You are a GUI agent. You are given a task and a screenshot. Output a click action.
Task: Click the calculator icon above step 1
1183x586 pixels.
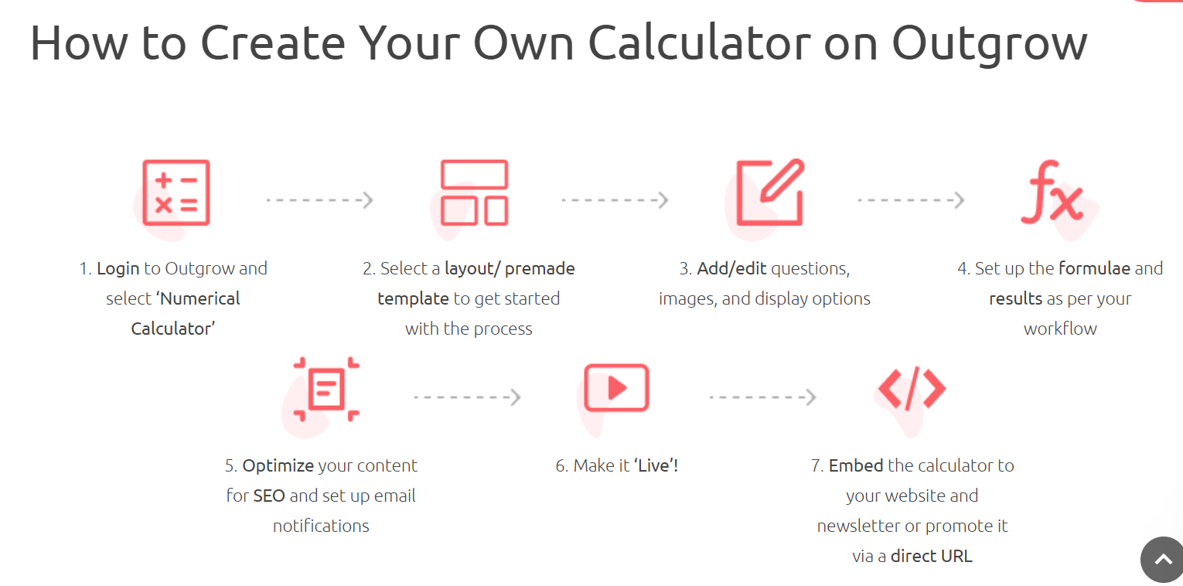point(176,193)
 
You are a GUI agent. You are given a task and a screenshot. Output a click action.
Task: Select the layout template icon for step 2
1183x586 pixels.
point(473,193)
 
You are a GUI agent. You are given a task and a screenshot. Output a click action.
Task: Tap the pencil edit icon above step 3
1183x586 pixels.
point(770,193)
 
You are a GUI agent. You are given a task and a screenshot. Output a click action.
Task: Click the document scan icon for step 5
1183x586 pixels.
point(326,389)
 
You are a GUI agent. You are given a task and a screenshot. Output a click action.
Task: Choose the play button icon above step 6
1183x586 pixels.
point(615,388)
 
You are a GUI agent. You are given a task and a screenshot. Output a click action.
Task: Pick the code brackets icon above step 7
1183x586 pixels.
point(912,388)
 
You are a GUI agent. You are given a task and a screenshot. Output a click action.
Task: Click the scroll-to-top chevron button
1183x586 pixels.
point(1162,560)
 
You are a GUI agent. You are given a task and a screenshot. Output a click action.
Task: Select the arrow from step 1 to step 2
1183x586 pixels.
point(319,200)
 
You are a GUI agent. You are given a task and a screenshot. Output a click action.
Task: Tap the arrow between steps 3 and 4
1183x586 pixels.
point(911,200)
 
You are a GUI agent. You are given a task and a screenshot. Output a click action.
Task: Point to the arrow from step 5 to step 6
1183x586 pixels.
point(467,397)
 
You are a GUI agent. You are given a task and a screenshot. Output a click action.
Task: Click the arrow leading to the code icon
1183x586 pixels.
point(762,397)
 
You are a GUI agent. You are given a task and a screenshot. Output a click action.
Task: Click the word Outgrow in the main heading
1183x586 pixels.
point(989,43)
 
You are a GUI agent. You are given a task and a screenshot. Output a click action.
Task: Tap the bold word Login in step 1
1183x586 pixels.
point(118,269)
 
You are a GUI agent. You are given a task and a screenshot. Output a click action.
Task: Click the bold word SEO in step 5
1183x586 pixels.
point(269,496)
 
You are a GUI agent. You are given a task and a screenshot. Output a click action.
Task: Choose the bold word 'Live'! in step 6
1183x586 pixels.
point(656,466)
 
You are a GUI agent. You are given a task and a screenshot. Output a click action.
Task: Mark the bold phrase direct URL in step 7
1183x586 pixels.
point(931,556)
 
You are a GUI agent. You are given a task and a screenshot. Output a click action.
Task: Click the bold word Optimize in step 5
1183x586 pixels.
point(278,466)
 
